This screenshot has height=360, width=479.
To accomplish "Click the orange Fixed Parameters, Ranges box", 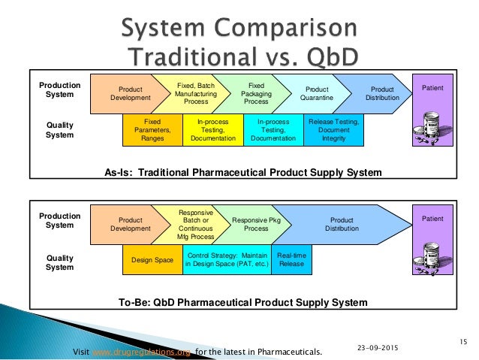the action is [152, 129].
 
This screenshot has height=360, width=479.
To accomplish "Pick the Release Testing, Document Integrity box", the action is [333, 129].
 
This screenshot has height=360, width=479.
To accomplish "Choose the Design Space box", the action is [152, 260].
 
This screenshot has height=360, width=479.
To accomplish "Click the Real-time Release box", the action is [291, 260].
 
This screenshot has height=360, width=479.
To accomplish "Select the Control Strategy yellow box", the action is [227, 260].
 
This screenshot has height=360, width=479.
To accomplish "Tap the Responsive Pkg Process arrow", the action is [251, 223].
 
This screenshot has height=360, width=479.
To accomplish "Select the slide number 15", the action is [463, 342].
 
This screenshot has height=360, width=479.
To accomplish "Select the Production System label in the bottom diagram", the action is [60, 220].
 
